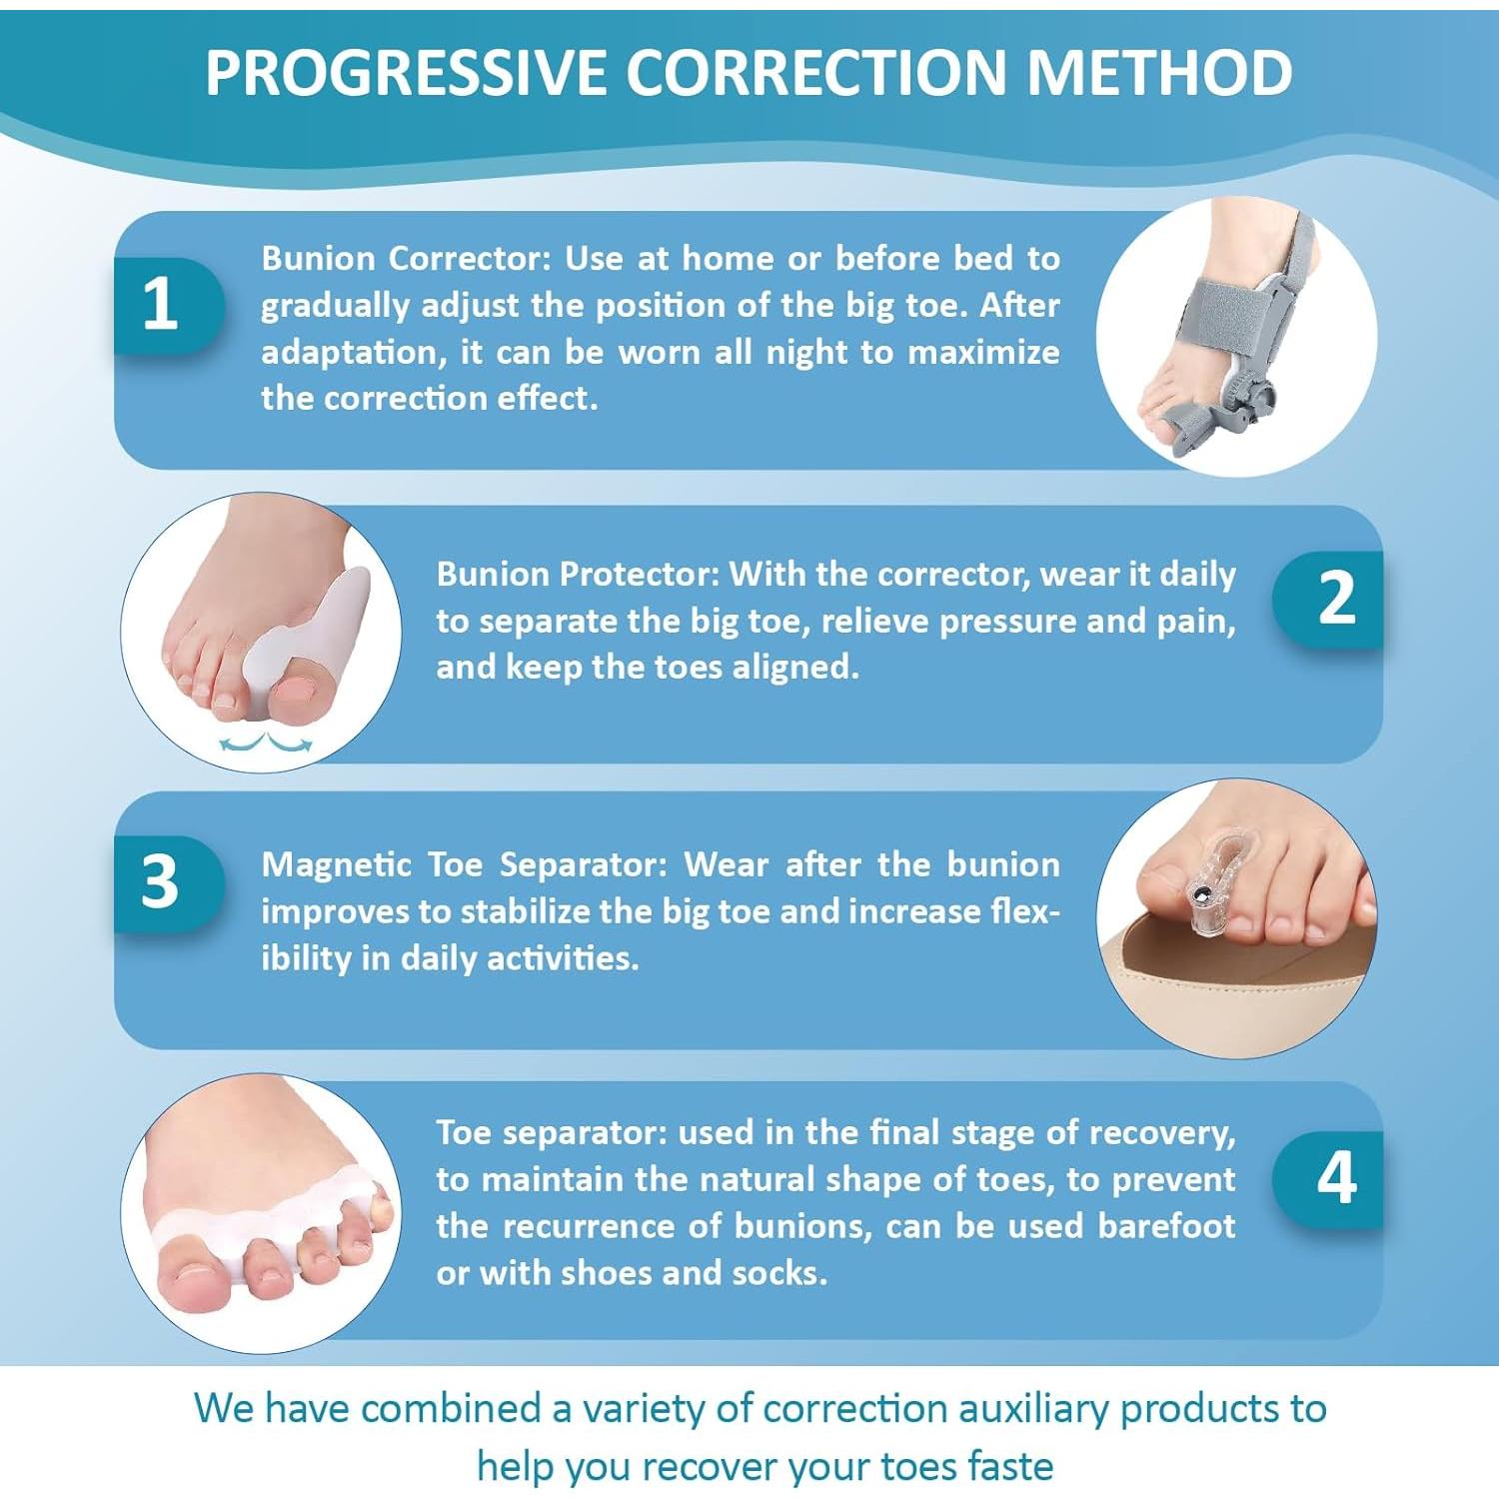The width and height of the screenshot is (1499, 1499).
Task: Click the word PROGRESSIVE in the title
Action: (406, 73)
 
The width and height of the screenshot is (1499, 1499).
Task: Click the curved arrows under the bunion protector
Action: (266, 743)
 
